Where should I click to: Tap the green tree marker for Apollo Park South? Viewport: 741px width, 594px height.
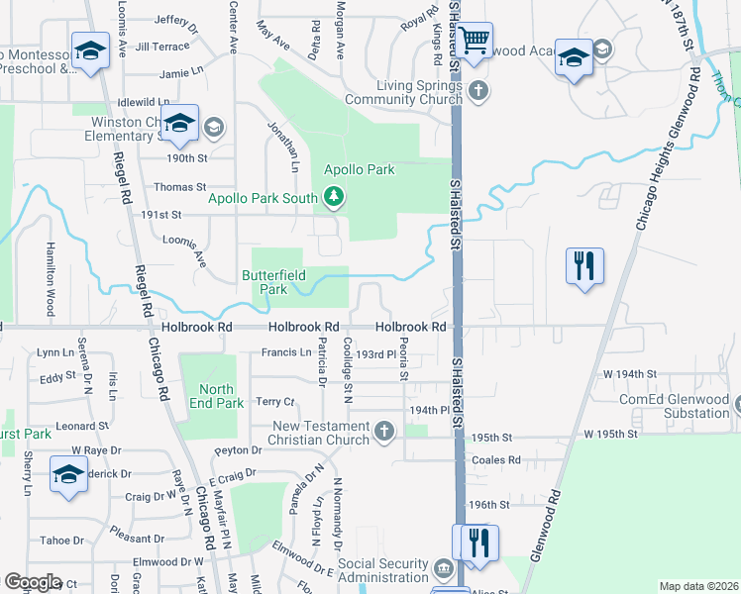pyautogui.click(x=334, y=198)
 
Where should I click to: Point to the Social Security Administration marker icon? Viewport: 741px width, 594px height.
pyautogui.click(x=443, y=569)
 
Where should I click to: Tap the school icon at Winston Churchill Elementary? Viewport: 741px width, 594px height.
pyautogui.click(x=180, y=124)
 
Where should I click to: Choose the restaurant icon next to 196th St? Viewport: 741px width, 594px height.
pyautogui.click(x=479, y=543)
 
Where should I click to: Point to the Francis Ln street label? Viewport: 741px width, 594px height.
pyautogui.click(x=286, y=352)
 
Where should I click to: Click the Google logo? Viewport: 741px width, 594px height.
pyautogui.click(x=33, y=582)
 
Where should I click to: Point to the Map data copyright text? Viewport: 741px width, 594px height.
pyautogui.click(x=697, y=586)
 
